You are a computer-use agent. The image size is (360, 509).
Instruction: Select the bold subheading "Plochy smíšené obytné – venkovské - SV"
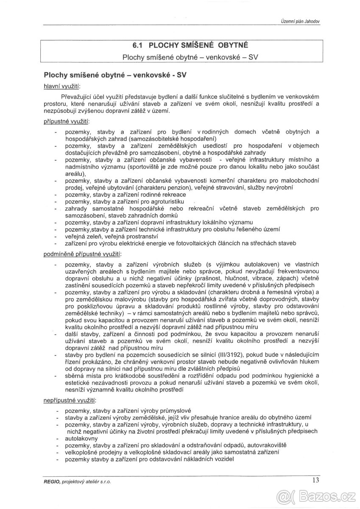pos(116,75)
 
